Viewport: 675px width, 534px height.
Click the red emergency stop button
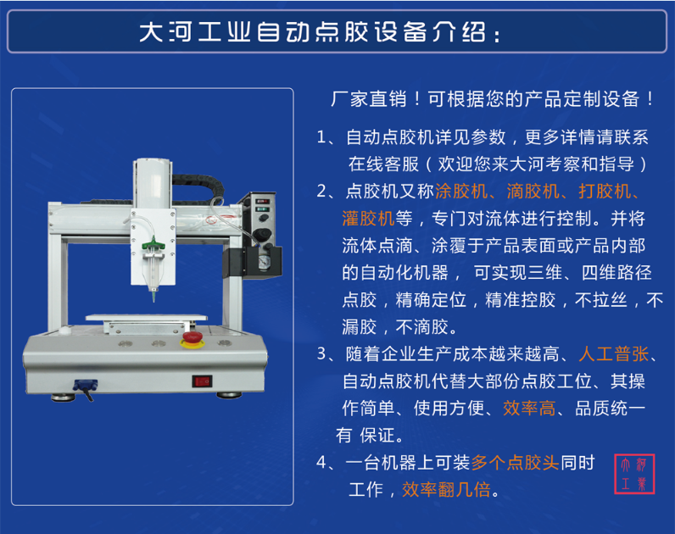point(192,339)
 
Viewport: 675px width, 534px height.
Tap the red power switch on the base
point(202,381)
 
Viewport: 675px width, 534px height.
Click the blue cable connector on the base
point(86,385)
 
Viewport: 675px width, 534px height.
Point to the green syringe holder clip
point(153,246)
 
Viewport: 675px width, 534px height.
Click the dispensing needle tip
point(153,301)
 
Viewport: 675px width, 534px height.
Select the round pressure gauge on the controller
point(263,262)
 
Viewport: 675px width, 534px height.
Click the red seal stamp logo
point(634,474)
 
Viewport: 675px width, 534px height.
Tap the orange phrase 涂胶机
point(461,192)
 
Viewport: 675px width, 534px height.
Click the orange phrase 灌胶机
point(369,219)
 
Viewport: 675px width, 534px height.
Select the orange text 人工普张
point(614,354)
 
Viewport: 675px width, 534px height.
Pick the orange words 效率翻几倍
point(446,490)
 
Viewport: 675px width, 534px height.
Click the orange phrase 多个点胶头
point(516,463)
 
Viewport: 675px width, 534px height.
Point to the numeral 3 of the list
point(321,354)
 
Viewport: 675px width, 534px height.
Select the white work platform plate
point(147,318)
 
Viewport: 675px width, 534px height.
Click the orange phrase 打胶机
point(605,192)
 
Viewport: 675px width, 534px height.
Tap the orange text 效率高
point(529,409)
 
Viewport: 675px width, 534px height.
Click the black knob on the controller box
point(262,235)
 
